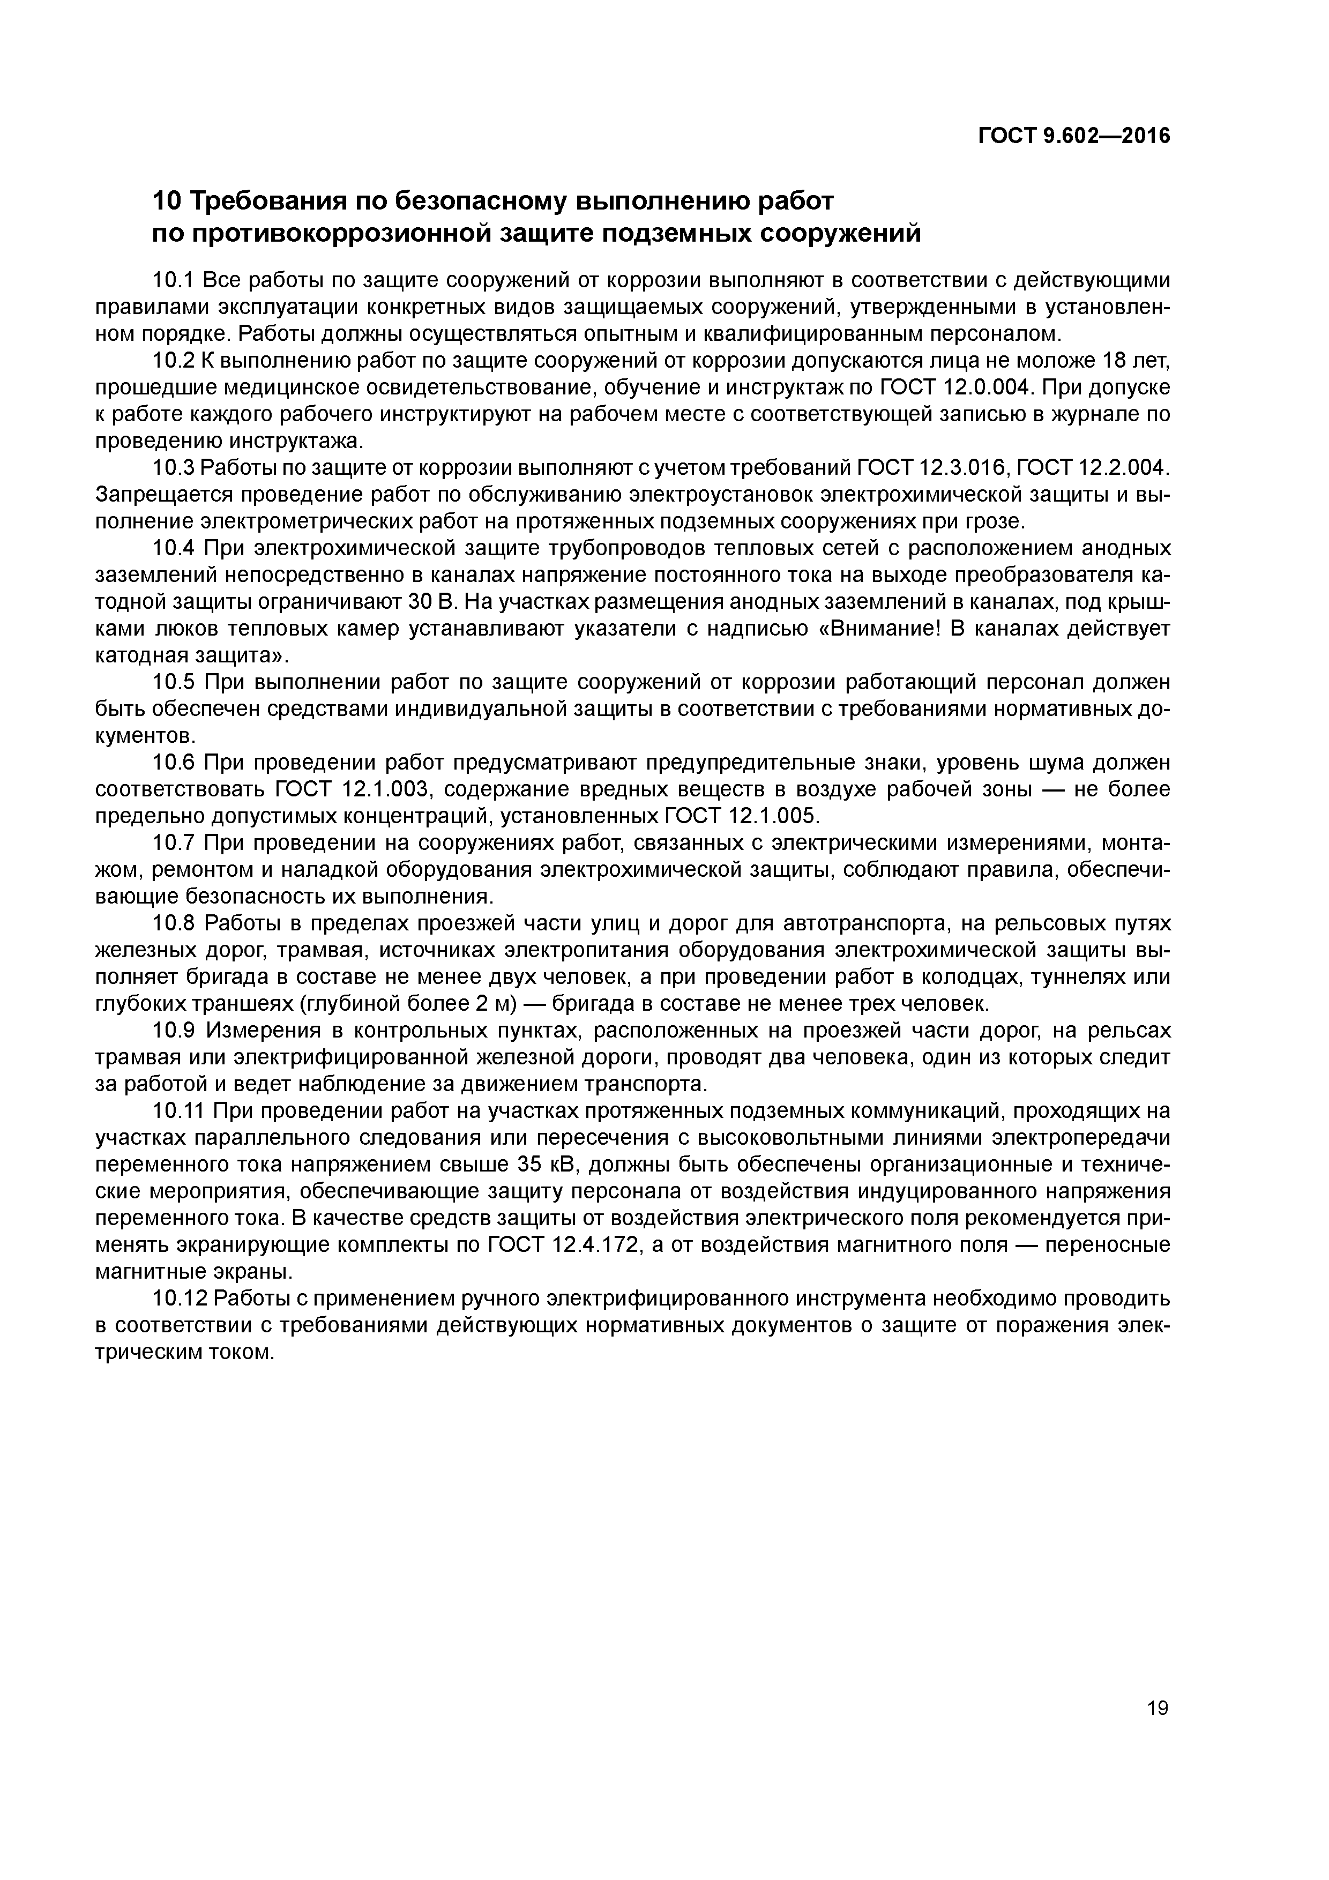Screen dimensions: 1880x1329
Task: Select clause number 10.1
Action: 172,281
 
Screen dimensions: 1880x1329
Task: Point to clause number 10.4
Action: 173,548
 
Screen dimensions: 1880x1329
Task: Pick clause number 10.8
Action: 173,923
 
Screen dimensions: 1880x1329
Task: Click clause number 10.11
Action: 178,1111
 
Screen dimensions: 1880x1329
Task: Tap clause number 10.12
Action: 178,1299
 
